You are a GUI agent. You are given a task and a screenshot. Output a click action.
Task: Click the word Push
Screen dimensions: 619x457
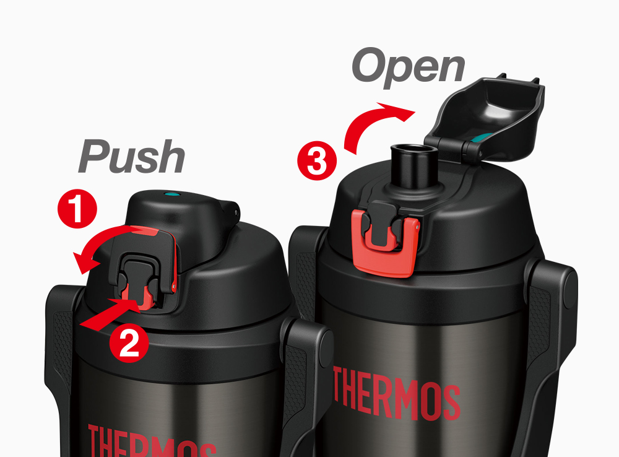click(x=131, y=157)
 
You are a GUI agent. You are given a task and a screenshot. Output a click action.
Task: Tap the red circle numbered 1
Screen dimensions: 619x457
click(x=77, y=209)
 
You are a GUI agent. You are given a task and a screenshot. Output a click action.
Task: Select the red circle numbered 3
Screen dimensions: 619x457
click(x=317, y=161)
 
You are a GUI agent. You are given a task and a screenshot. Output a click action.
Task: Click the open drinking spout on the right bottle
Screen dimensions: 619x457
click(x=413, y=166)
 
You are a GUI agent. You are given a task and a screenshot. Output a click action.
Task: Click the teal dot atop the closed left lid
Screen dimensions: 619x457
click(x=171, y=194)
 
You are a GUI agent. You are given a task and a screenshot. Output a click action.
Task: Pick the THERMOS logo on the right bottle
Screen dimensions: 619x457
click(x=397, y=393)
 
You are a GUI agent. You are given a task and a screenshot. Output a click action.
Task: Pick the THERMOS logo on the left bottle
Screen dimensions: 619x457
click(x=152, y=442)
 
